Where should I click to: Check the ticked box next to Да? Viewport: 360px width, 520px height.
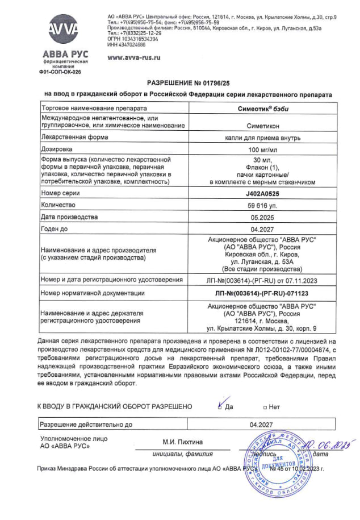(x=220, y=406)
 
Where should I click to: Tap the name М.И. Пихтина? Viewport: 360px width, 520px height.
(x=182, y=442)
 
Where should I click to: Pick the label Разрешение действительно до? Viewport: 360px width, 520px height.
(x=85, y=424)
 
